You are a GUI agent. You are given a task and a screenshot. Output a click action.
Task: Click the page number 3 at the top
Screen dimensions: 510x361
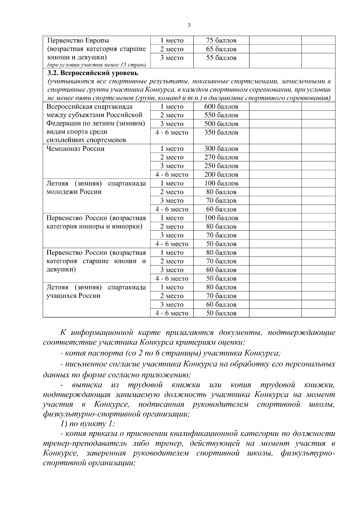[x=189, y=26]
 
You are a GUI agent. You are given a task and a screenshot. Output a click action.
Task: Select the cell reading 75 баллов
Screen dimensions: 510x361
[x=221, y=41]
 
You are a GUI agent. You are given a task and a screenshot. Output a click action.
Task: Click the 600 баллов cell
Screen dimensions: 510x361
[x=221, y=107]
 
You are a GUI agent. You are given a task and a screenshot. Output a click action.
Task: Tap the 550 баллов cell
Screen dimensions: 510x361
[x=221, y=115]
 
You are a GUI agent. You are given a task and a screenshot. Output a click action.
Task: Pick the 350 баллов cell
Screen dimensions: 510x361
[x=221, y=132]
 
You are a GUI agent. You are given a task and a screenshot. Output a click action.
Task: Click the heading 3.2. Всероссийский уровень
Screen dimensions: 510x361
[x=93, y=73]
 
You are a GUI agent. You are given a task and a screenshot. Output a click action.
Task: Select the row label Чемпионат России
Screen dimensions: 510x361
[x=75, y=149]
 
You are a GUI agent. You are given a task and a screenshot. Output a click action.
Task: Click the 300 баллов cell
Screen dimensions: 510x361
[x=221, y=149]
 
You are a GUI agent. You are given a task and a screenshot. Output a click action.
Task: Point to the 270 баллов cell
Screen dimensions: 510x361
[x=221, y=157]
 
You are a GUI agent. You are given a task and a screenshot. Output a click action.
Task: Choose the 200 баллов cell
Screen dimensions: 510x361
[x=221, y=175]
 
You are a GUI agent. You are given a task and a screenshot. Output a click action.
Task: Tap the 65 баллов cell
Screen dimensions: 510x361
[x=221, y=49]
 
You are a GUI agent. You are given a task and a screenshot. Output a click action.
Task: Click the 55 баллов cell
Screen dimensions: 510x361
[x=221, y=58]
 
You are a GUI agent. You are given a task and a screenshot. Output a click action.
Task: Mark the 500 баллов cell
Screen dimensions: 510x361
[x=221, y=124]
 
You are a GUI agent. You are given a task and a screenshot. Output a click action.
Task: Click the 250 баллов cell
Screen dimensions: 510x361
[x=221, y=166]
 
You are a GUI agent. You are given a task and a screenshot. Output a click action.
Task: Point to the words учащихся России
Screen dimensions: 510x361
[x=73, y=296]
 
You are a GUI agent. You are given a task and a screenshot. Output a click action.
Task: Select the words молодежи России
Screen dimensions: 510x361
[x=74, y=192]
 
